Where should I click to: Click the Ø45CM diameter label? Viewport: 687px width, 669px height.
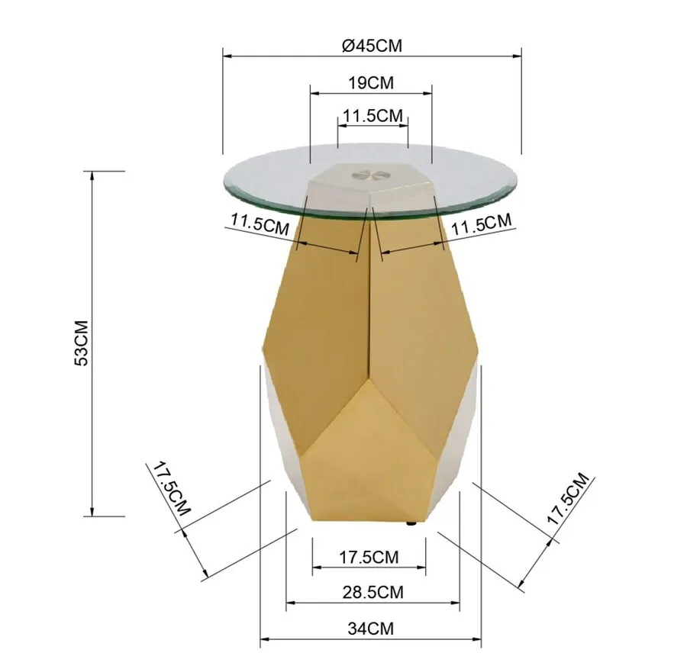click(372, 45)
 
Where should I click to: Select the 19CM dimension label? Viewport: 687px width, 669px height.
click(371, 82)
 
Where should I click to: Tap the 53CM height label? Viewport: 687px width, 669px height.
click(82, 343)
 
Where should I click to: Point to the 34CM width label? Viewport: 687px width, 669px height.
click(371, 629)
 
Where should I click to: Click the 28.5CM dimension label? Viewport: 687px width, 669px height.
click(373, 592)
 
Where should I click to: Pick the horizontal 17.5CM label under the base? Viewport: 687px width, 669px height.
click(369, 557)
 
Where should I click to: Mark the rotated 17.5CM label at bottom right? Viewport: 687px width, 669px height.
click(568, 498)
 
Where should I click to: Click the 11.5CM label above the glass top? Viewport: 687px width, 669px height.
click(373, 116)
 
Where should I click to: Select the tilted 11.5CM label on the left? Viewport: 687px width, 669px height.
click(260, 224)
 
